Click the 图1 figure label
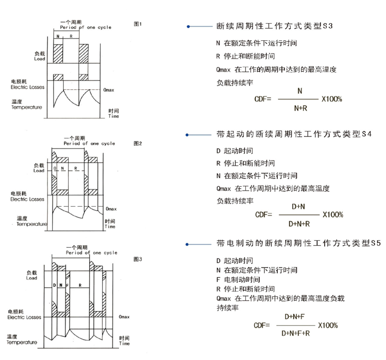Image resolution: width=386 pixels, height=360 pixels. pos(138,24)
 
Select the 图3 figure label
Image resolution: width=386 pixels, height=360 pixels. pos(138,259)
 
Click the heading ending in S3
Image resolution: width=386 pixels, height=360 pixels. pos(274,27)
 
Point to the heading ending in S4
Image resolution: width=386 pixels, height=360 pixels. pos(294,135)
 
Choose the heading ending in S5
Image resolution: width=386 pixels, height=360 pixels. pos(299,243)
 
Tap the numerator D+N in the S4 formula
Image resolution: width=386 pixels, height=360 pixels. pos(299,207)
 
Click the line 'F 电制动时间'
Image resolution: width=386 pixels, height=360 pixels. pos(236,279)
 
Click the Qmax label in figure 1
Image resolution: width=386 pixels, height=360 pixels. pos(109,91)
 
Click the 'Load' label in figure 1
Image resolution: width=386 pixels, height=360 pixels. pos(39,59)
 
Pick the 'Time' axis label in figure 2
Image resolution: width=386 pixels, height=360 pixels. pos(110,226)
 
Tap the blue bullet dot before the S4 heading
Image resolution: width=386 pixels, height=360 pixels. pos(187,135)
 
